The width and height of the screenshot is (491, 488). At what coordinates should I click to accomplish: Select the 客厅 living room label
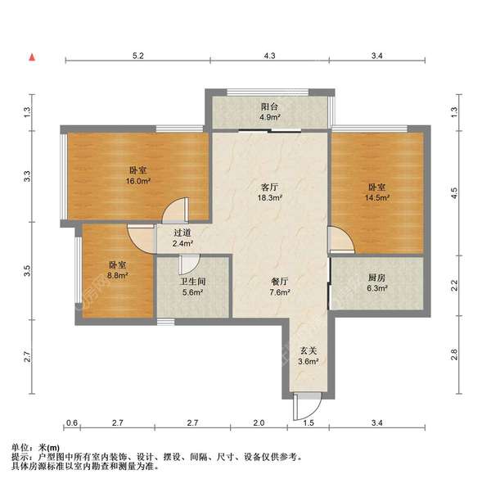pos(271,188)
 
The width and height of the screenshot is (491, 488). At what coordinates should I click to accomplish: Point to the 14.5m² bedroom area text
pos(377,197)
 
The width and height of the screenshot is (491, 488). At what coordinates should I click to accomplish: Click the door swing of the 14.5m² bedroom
pos(341,241)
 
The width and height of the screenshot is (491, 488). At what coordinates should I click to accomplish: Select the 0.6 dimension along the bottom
pos(72,424)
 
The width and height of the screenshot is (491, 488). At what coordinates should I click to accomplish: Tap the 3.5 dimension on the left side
pos(27,269)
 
